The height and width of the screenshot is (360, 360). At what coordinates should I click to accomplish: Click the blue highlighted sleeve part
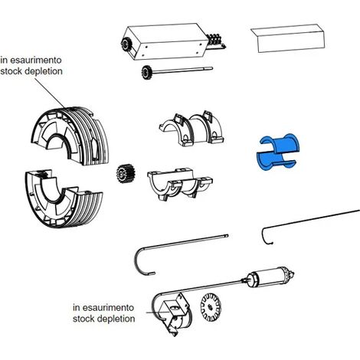277,151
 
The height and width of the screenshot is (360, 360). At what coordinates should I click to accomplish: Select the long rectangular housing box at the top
165,41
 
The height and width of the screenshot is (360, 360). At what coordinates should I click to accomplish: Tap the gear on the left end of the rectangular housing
126,44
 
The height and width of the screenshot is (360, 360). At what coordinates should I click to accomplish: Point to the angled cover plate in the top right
288,38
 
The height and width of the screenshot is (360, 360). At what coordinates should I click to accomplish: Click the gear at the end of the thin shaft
146,72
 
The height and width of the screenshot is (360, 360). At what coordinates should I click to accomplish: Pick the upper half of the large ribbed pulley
70,136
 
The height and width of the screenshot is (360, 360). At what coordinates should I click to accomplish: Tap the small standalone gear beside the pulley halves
126,175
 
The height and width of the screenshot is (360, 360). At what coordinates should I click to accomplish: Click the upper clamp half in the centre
191,129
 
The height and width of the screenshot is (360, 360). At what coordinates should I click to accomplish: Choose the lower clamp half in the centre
179,184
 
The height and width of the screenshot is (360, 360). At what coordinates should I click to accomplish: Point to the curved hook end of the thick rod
139,263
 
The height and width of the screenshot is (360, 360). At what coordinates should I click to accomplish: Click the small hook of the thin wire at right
266,236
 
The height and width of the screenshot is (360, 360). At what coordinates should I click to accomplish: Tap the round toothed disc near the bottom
211,307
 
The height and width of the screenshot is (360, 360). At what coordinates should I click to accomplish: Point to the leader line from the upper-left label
49,92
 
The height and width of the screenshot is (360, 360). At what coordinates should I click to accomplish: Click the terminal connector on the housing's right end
215,41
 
